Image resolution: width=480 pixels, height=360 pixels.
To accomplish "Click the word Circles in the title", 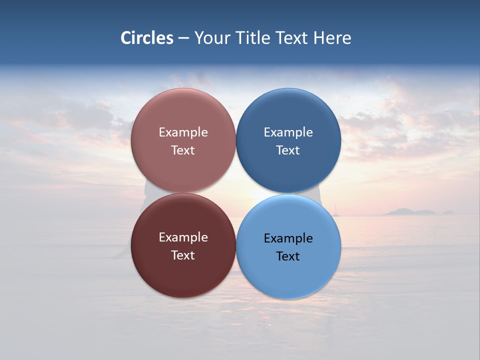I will pyautogui.click(x=146, y=38).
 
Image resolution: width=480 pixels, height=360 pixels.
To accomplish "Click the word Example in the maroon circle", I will pyautogui.click(x=183, y=237).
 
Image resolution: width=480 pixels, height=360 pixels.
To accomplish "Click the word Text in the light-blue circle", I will pyautogui.click(x=288, y=256).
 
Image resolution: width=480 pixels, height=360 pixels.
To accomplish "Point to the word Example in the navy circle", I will pyautogui.click(x=288, y=132).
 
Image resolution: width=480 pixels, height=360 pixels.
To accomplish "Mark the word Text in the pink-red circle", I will pyautogui.click(x=183, y=150).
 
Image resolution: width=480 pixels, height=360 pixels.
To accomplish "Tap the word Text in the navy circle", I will pyautogui.click(x=288, y=150).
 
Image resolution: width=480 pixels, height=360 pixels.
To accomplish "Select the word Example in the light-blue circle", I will pyautogui.click(x=288, y=238).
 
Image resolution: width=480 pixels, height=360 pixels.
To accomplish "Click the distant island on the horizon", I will pyautogui.click(x=410, y=212).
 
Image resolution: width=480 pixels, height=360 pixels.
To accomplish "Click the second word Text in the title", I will pyautogui.click(x=292, y=38).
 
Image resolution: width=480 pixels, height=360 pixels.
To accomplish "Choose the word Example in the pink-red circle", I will pyautogui.click(x=183, y=132).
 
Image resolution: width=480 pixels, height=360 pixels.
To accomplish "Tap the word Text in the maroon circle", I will pyautogui.click(x=183, y=255).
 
